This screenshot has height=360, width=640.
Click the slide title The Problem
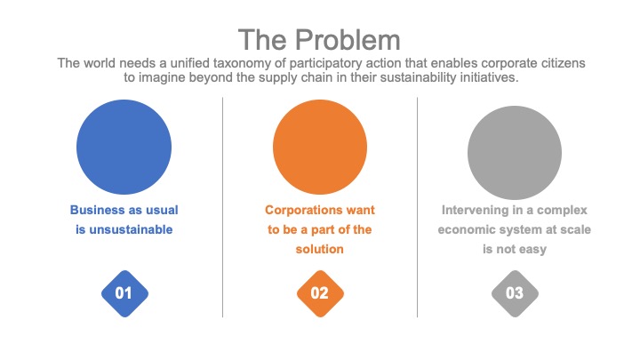coord(319,40)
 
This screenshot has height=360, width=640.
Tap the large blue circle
coord(124,147)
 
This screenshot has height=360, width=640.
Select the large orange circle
coord(320,147)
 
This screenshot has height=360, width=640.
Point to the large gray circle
coord(515,153)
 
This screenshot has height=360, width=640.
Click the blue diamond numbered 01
coord(125,293)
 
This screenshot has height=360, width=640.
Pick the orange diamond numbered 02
coord(320,293)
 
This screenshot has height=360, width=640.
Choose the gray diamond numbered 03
coord(515,293)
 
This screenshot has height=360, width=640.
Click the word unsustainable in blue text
coord(131,230)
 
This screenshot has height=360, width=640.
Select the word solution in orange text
coord(320,249)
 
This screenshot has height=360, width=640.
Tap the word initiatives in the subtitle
coord(489,77)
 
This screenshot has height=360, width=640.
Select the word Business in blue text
coord(94,210)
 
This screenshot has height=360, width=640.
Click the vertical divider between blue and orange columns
coord(222,207)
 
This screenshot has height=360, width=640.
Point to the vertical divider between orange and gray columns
coord(417,207)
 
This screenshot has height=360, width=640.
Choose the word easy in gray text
coord(532,250)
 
